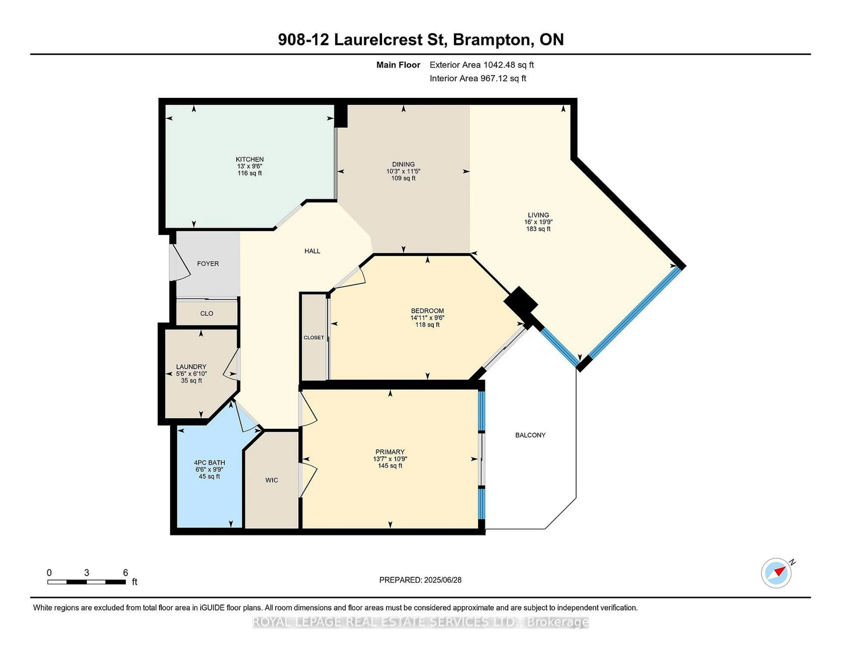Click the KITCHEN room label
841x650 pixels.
point(249,159)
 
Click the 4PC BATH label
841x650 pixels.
point(209,462)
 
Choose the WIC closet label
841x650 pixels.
point(272,480)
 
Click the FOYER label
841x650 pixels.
point(208,264)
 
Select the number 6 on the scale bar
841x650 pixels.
point(125,573)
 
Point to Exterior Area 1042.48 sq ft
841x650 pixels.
point(481,65)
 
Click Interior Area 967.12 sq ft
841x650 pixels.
point(477,78)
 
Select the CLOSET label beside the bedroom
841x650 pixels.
point(313,337)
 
